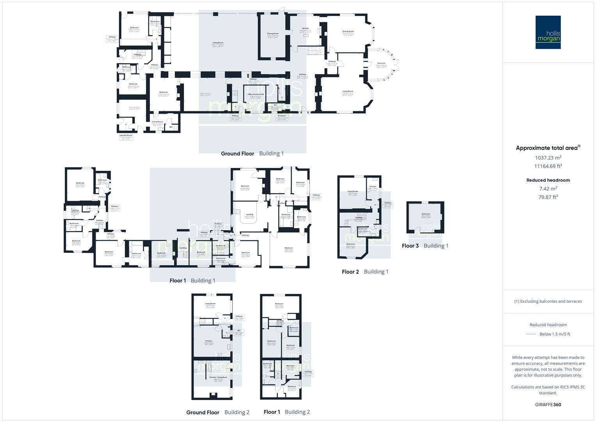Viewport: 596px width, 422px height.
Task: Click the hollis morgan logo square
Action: pyautogui.click(x=548, y=32)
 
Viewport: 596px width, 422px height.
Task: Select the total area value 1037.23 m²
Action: pyautogui.click(x=548, y=158)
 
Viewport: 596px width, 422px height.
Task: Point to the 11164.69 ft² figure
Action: pyautogui.click(x=548, y=166)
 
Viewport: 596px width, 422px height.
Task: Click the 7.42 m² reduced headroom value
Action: pyautogui.click(x=548, y=189)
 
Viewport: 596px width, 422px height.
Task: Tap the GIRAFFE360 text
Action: pyautogui.click(x=548, y=405)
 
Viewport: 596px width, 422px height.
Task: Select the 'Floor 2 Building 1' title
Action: pyautogui.click(x=365, y=272)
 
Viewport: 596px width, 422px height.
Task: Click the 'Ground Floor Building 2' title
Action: pyautogui.click(x=218, y=412)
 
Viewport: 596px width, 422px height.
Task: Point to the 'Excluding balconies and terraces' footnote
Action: pyautogui.click(x=548, y=301)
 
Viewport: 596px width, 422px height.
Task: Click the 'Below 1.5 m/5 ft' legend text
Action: pyautogui.click(x=555, y=334)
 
